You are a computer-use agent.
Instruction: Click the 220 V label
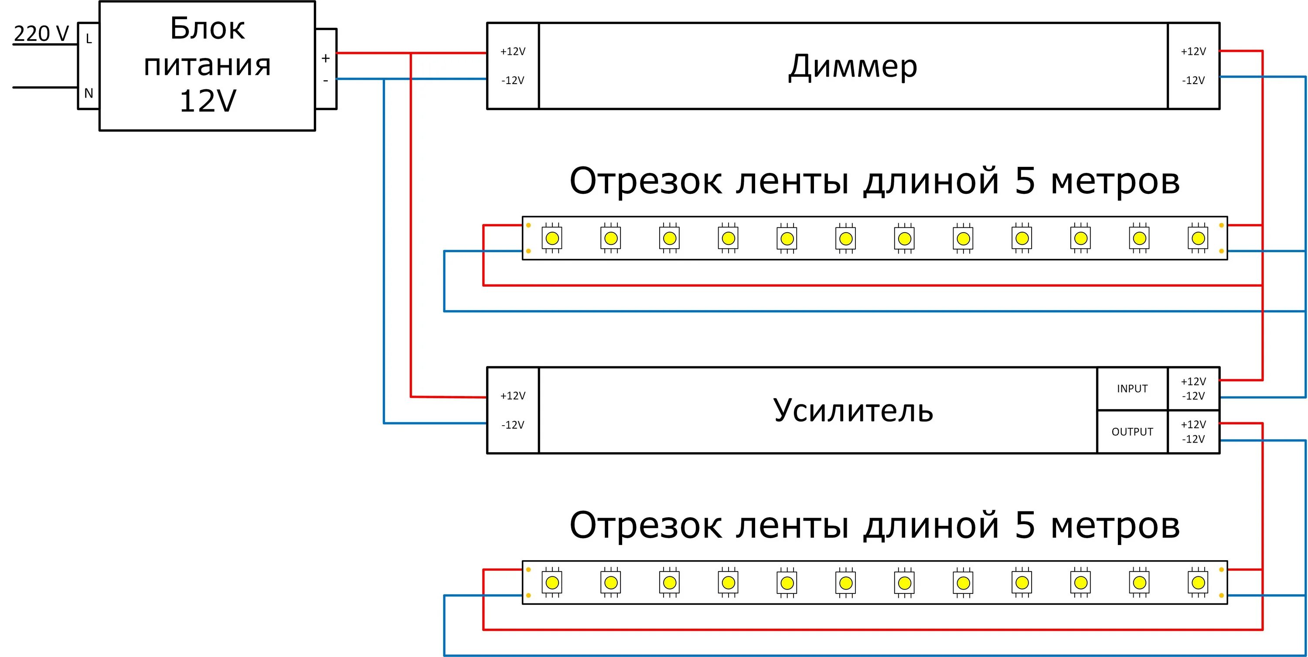(x=41, y=34)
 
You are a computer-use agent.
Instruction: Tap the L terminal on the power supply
(x=89, y=39)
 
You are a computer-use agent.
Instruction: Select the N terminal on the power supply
(x=89, y=93)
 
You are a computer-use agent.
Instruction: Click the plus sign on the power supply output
(x=326, y=58)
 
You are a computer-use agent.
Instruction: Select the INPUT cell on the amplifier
(x=1132, y=389)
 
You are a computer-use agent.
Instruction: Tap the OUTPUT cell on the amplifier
(x=1132, y=432)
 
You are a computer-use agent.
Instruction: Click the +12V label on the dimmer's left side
(x=513, y=51)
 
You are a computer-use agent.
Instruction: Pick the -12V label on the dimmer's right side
(x=1193, y=80)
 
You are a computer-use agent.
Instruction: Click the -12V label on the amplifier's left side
(x=513, y=425)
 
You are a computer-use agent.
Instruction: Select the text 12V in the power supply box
(x=208, y=101)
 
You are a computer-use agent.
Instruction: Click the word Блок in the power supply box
(x=207, y=28)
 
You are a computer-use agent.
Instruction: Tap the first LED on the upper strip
(x=552, y=238)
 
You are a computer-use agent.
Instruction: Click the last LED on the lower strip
(x=1198, y=582)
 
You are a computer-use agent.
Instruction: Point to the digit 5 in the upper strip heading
(x=1025, y=181)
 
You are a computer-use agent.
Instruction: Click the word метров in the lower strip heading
(x=1115, y=525)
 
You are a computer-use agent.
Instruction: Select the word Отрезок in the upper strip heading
(x=645, y=181)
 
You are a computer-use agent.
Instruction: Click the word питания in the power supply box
(x=207, y=65)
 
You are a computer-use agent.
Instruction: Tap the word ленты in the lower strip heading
(x=792, y=525)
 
